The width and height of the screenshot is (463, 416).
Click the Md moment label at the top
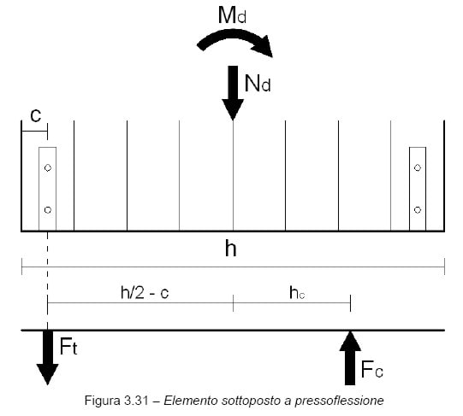tap(232, 15)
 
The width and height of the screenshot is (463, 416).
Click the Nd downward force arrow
tap(233, 93)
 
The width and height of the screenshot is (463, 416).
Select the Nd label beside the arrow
tap(258, 84)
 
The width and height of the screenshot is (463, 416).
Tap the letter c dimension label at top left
tap(36, 115)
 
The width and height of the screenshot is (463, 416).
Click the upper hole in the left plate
tap(48, 167)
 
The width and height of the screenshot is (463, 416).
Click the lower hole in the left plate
tap(48, 210)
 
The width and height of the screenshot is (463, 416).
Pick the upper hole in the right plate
tap(418, 167)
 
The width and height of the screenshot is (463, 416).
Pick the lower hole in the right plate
tap(418, 210)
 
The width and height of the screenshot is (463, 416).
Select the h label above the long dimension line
tap(231, 249)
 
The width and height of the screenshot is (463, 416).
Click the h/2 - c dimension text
tap(145, 293)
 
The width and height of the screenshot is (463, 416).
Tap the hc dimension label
tap(297, 293)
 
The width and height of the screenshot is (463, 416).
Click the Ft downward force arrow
tap(48, 358)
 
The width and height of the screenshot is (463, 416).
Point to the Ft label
tap(68, 346)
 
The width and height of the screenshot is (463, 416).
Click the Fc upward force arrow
tap(350, 358)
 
